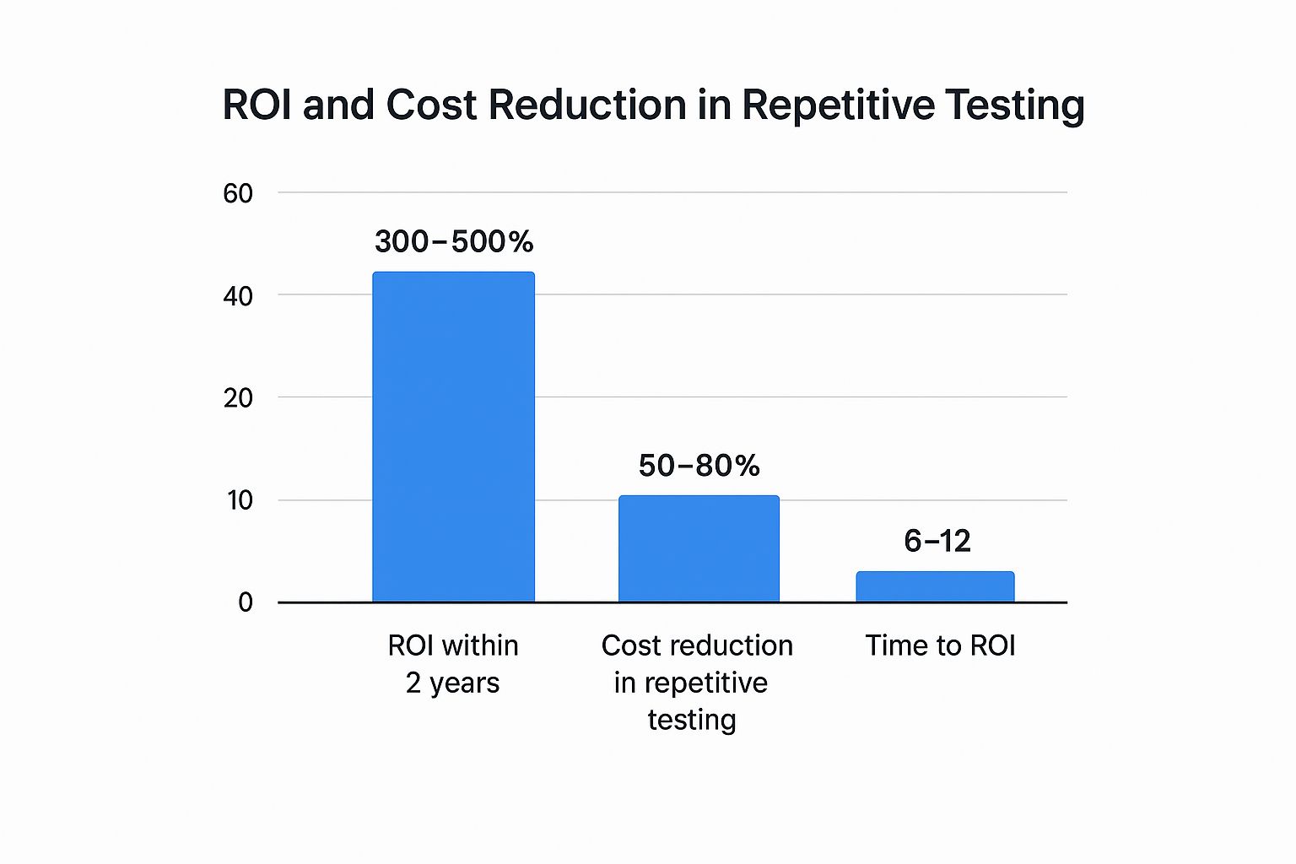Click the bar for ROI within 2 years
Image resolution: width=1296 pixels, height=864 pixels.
pyautogui.click(x=453, y=436)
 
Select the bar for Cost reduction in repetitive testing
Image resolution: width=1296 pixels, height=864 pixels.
pyautogui.click(x=699, y=548)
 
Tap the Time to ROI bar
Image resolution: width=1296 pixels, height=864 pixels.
pyautogui.click(x=935, y=587)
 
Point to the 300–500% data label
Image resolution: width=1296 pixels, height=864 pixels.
pyautogui.click(x=454, y=242)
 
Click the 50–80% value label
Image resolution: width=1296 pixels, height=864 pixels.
pyautogui.click(x=699, y=466)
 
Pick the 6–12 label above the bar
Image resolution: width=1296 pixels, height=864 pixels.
pyautogui.click(x=937, y=541)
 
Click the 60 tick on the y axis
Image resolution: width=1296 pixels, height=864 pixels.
pyautogui.click(x=238, y=194)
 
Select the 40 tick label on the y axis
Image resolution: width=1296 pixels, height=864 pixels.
pyautogui.click(x=238, y=296)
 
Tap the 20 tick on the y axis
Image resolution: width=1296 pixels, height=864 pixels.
pyautogui.click(x=238, y=398)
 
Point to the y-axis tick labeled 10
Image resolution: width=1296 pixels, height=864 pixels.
pyautogui.click(x=240, y=501)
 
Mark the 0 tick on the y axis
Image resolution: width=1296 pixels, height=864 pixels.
pyautogui.click(x=246, y=602)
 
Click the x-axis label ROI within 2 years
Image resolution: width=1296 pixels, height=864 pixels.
pyautogui.click(x=453, y=664)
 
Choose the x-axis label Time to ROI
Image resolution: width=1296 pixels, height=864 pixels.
pyautogui.click(x=940, y=645)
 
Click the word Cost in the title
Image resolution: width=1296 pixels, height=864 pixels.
pyautogui.click(x=431, y=105)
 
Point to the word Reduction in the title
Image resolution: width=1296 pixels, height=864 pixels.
pyautogui.click(x=587, y=105)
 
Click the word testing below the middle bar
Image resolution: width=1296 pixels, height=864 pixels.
pyautogui.click(x=692, y=720)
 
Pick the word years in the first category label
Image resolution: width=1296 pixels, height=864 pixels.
pyautogui.click(x=464, y=683)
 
